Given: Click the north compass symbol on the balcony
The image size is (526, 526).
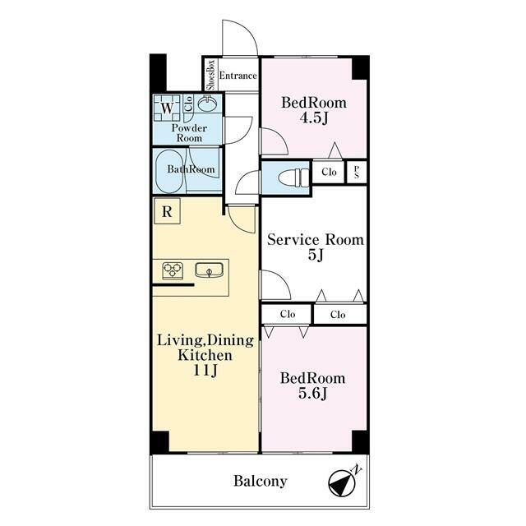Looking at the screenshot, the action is pos(342,484).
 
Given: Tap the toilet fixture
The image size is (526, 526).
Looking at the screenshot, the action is pos(293,178).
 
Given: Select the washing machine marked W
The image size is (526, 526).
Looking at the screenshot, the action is pos(167,108).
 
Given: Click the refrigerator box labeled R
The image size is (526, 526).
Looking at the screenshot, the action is pos(167,211).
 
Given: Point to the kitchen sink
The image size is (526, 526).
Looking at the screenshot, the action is pos(209,270).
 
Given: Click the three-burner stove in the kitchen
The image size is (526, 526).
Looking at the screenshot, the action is pos(173,270).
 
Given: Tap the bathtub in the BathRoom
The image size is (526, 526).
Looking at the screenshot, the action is pos(169,172).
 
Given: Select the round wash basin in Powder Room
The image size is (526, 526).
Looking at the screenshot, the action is pos(207,104).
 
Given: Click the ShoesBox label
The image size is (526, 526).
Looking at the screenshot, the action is pos(210,75).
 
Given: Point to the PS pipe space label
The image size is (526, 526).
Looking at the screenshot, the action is pos(356,172).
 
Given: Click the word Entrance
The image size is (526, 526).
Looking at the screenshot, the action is pos(238,76).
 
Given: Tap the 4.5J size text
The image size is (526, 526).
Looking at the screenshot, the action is pos(314,118).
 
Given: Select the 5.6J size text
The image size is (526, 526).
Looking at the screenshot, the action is pos(312,393).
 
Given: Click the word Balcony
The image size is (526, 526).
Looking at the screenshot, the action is pos(261,481).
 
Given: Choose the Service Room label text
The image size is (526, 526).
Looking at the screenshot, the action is pos(316,240).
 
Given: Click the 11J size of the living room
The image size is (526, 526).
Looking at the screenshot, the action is pos(205,370).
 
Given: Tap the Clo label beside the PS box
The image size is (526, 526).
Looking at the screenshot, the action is pos(329,172).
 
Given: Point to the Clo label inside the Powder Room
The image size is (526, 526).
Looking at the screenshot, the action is pos(188,104).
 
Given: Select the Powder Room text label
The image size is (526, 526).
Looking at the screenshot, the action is pos(189,133).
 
